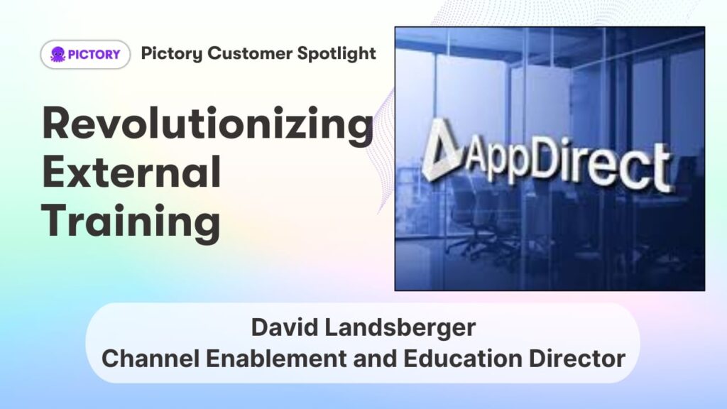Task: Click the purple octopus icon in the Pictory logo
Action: click(58, 54)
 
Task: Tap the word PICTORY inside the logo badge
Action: click(94, 55)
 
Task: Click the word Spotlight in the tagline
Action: click(337, 54)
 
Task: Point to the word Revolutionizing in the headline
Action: click(208, 124)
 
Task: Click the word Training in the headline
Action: click(131, 222)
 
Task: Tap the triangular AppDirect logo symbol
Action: click(441, 149)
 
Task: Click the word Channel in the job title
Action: click(151, 359)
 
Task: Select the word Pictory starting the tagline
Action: click(172, 54)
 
